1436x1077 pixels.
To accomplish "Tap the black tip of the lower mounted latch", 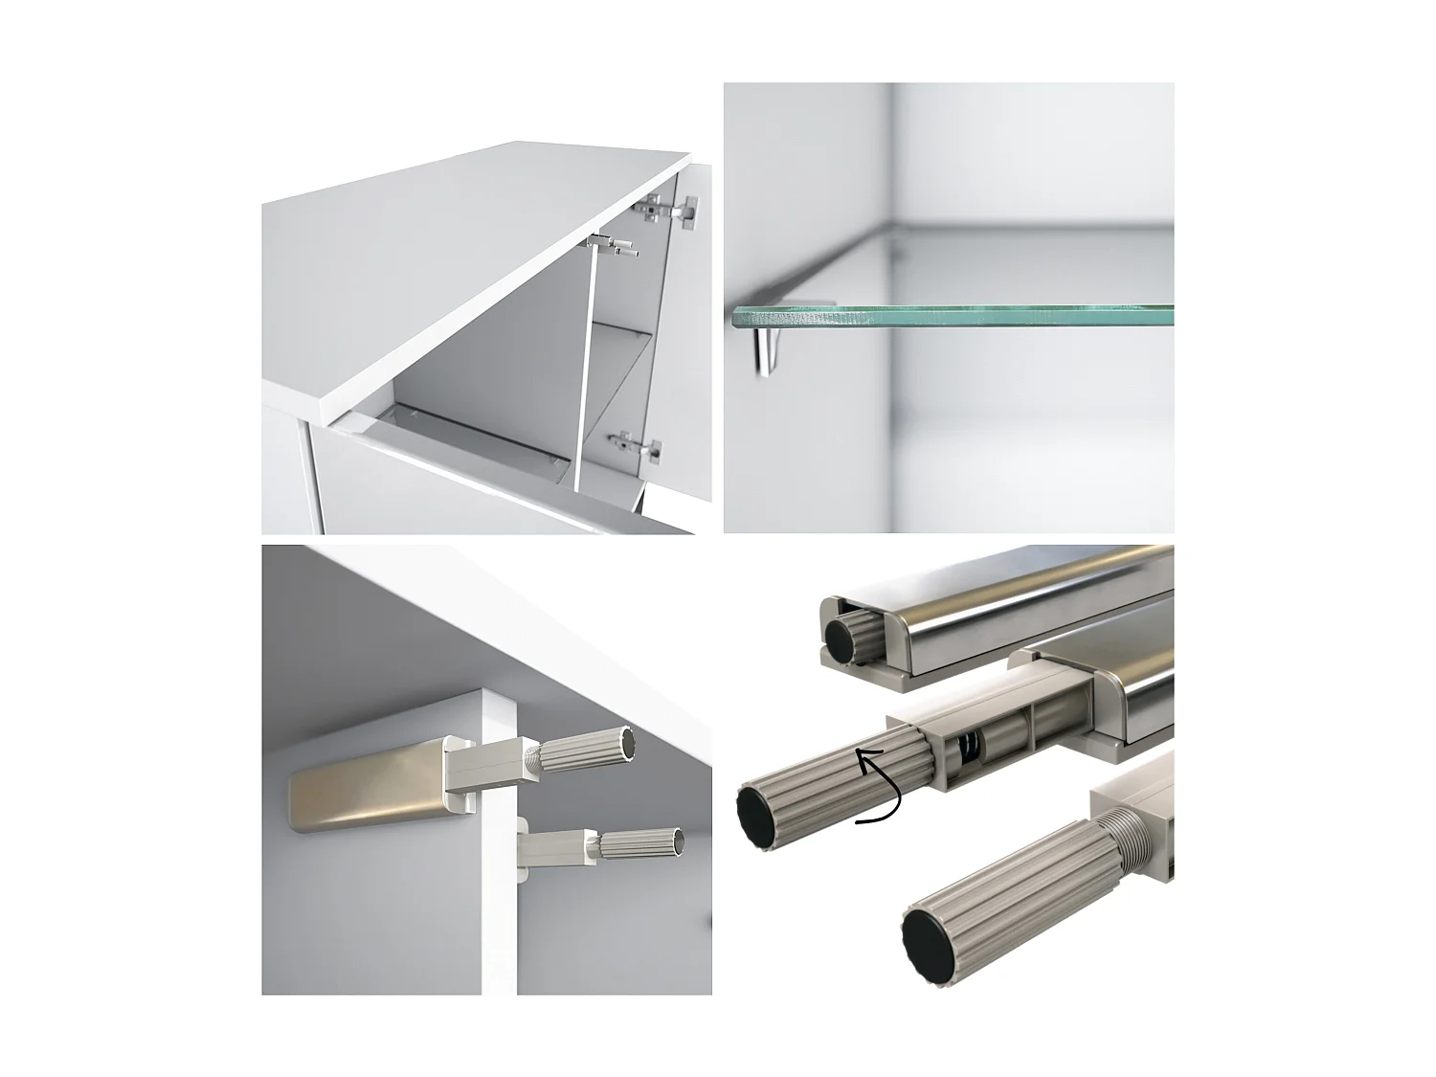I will click(679, 841).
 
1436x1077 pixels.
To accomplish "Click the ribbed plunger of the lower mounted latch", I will click(637, 844).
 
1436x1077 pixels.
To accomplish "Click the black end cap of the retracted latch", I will click(842, 635).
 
